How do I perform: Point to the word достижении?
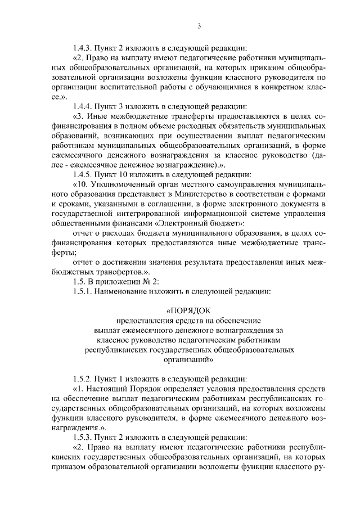(122, 262)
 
